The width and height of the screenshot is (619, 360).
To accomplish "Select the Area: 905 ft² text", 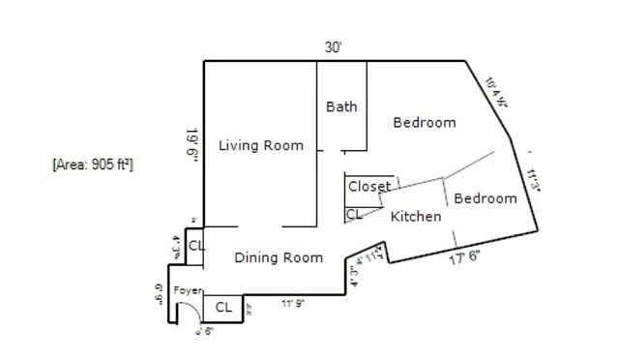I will point(93,165).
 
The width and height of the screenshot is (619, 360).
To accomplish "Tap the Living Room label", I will point(260,146).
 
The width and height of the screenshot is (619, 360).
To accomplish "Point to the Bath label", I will point(341,106).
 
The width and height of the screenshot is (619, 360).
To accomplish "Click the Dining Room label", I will point(279,257).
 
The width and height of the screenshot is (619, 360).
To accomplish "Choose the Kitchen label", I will point(416,217).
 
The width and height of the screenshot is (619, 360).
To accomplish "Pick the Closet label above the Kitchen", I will point(368,186).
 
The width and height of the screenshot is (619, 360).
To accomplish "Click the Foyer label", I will point(188,290).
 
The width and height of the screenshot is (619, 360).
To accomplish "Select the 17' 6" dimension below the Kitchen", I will point(464,258).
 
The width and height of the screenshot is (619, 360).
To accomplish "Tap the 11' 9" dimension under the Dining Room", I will point(295,304).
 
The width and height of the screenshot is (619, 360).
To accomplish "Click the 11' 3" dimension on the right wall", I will point(533,181).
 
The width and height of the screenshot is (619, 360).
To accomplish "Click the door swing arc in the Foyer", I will point(193,309).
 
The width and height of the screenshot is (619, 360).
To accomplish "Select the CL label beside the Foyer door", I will point(223,308).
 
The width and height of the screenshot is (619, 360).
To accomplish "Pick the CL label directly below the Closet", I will point(353,214).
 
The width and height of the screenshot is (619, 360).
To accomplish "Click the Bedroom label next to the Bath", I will point(424,123).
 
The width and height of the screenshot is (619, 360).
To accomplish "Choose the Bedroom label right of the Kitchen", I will point(485,198).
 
